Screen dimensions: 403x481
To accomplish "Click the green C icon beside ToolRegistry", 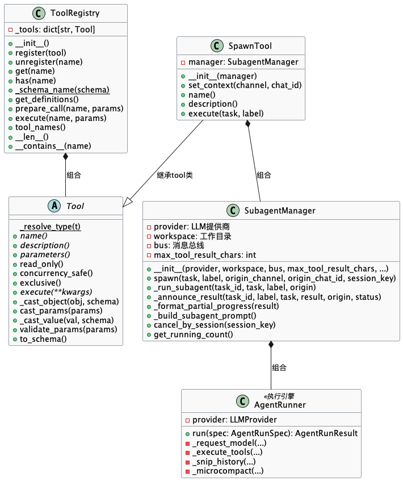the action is click(39, 13).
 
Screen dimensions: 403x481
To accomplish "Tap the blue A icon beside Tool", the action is click(54, 206).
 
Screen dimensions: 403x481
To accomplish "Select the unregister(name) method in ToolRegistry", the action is click(49, 62).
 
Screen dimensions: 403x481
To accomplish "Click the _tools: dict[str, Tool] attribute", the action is click(55, 30).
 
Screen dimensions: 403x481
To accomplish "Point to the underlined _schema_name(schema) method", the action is click(62, 90).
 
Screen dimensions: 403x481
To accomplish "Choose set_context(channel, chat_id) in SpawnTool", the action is click(245, 85).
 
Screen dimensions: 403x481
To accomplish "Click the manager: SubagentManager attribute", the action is click(243, 62).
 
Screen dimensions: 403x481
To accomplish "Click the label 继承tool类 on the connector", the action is click(175, 175).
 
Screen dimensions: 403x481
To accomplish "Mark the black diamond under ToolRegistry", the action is click(65, 156).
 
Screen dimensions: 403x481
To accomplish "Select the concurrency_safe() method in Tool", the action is click(56, 273).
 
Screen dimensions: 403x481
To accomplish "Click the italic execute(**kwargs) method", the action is click(56, 292).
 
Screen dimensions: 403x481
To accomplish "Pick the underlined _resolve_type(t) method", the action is click(51, 227).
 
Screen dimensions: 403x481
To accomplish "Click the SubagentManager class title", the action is click(280, 211).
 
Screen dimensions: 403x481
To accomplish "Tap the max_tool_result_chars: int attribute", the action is click(205, 255).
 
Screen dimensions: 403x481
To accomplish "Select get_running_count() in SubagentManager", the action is click(193, 334).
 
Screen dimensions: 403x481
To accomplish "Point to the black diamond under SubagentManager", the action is click(271, 345).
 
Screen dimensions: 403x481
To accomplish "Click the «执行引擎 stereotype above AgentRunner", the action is click(279, 396).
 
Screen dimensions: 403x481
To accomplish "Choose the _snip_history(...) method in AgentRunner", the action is click(224, 462).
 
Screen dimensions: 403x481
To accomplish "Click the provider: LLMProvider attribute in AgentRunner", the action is click(234, 420).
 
